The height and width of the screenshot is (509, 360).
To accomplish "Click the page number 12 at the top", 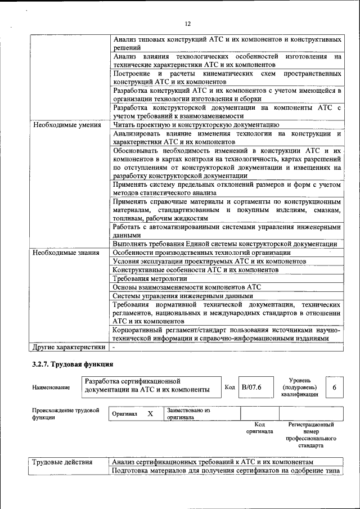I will (x=188, y=24).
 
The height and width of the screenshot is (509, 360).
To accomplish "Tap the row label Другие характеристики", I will (x=69, y=346).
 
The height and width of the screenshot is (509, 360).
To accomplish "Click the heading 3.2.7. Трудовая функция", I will (x=73, y=364).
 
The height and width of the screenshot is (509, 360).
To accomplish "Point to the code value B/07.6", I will (x=251, y=387).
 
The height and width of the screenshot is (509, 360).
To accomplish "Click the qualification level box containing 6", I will (x=334, y=388).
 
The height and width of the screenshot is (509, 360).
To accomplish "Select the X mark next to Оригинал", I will (x=150, y=414).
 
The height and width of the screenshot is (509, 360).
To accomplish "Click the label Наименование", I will (x=51, y=388).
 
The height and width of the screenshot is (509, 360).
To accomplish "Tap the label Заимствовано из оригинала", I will (x=188, y=414).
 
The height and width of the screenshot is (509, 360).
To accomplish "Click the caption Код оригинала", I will (x=259, y=428).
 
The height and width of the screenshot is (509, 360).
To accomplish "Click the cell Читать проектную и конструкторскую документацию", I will (x=196, y=125).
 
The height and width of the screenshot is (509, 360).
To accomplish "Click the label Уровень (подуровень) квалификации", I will (x=299, y=388).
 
